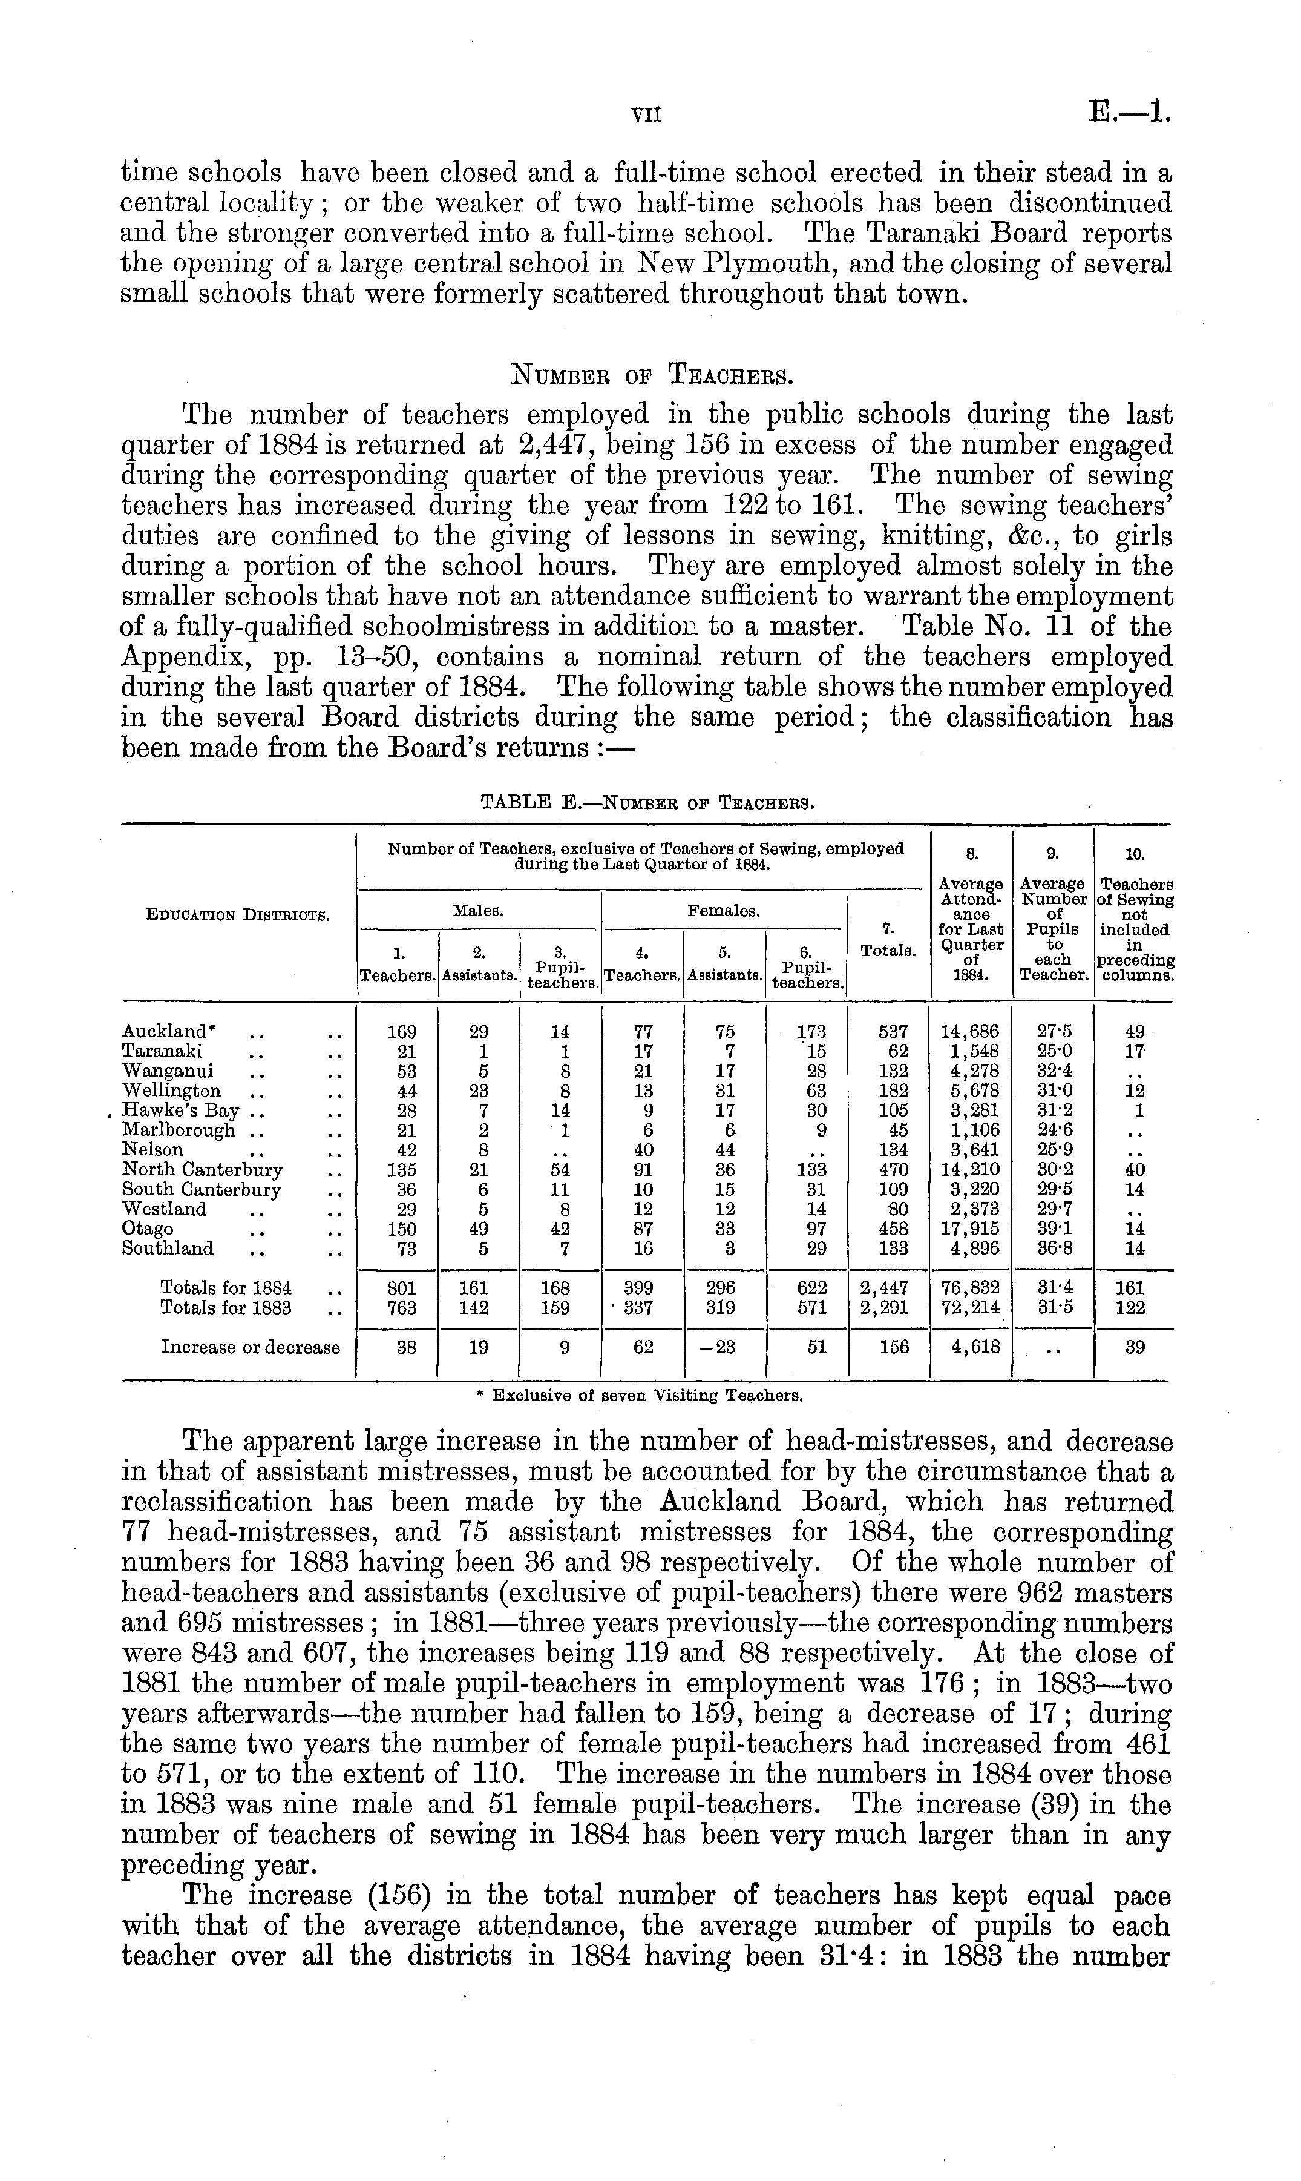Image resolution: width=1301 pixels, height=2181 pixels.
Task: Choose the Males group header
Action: (x=478, y=911)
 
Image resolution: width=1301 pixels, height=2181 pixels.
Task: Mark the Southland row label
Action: (x=168, y=1249)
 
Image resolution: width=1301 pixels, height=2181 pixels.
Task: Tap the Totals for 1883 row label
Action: (x=226, y=1307)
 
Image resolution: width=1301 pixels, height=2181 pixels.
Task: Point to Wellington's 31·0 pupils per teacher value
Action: (x=1053, y=1091)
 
